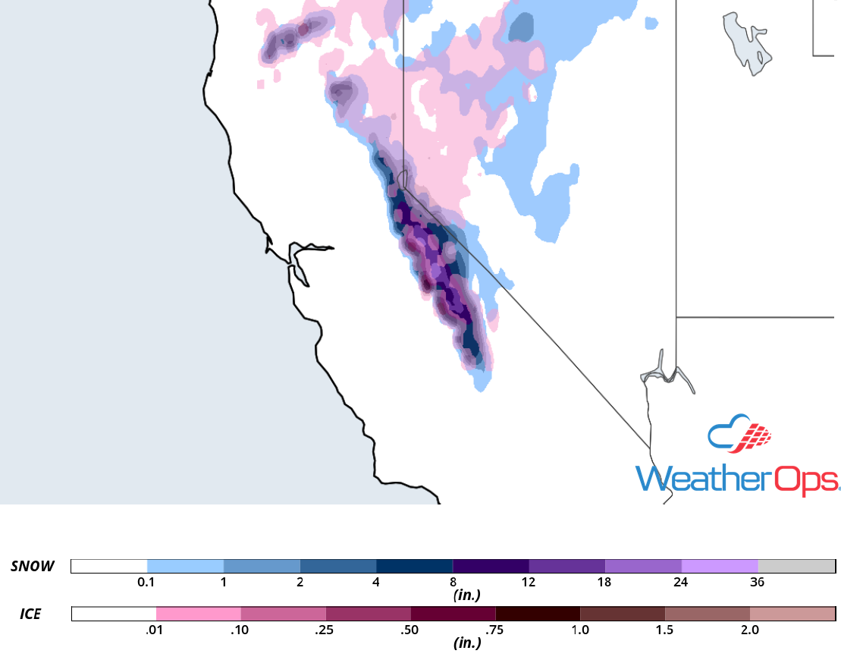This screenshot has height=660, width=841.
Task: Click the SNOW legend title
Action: (x=33, y=566)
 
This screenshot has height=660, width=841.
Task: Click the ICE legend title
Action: (x=30, y=613)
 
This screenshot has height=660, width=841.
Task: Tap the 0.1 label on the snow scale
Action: (x=147, y=583)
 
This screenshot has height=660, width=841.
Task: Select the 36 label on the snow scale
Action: (x=758, y=583)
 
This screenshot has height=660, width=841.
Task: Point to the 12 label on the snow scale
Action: (x=529, y=583)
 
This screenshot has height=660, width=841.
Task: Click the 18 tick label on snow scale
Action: (x=604, y=583)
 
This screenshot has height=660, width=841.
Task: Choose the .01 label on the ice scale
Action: (x=156, y=630)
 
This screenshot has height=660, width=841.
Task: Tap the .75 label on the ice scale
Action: (x=495, y=630)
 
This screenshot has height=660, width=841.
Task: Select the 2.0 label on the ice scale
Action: (x=749, y=630)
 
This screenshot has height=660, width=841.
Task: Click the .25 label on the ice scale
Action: (x=326, y=630)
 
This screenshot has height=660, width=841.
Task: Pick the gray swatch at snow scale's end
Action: (x=796, y=566)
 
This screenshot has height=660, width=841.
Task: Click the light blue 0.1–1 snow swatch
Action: (x=185, y=566)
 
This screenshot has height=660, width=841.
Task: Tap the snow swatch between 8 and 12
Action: (x=491, y=566)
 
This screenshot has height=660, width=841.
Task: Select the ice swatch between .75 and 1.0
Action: (x=538, y=613)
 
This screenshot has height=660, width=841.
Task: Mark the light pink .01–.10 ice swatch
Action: (x=199, y=613)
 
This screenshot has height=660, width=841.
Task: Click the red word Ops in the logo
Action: (x=805, y=479)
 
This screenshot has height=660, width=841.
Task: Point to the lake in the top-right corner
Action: (x=747, y=42)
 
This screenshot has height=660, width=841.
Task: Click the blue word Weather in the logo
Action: (x=702, y=479)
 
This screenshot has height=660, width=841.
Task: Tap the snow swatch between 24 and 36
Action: (x=720, y=566)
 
